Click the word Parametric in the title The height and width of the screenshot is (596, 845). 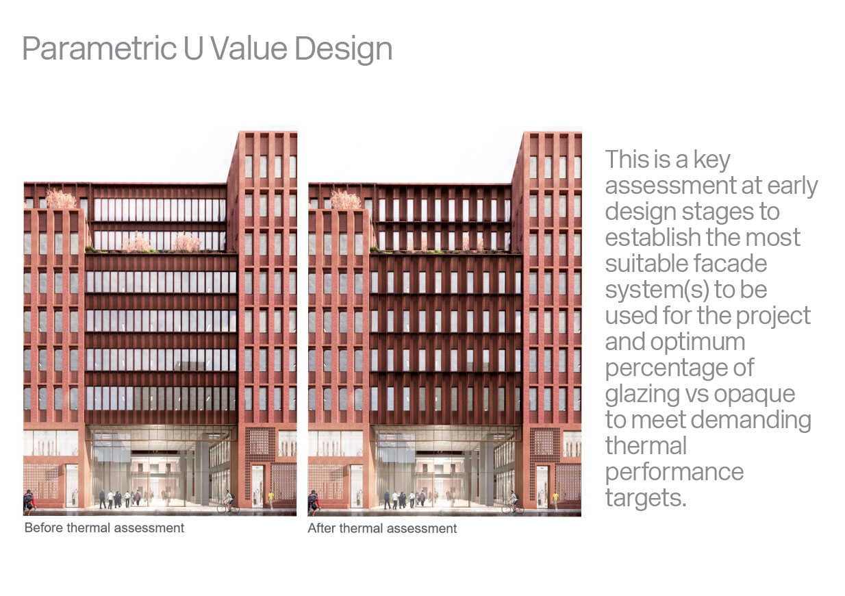click(x=99, y=49)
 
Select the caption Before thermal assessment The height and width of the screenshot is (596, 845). click(x=104, y=527)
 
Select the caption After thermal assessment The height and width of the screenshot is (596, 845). click(x=382, y=528)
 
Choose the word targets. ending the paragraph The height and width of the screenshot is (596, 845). click(x=646, y=498)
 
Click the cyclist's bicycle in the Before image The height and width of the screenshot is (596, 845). click(x=228, y=508)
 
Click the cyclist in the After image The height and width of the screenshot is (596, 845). click(x=512, y=501)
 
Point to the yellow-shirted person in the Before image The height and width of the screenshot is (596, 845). click(x=270, y=499)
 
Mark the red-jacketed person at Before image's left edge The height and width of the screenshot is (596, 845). click(x=29, y=502)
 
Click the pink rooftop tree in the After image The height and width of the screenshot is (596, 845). click(x=345, y=199)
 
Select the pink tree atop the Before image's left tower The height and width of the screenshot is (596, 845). click(x=61, y=199)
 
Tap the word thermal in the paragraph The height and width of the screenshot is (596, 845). click(x=646, y=446)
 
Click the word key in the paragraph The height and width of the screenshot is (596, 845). click(x=711, y=160)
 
